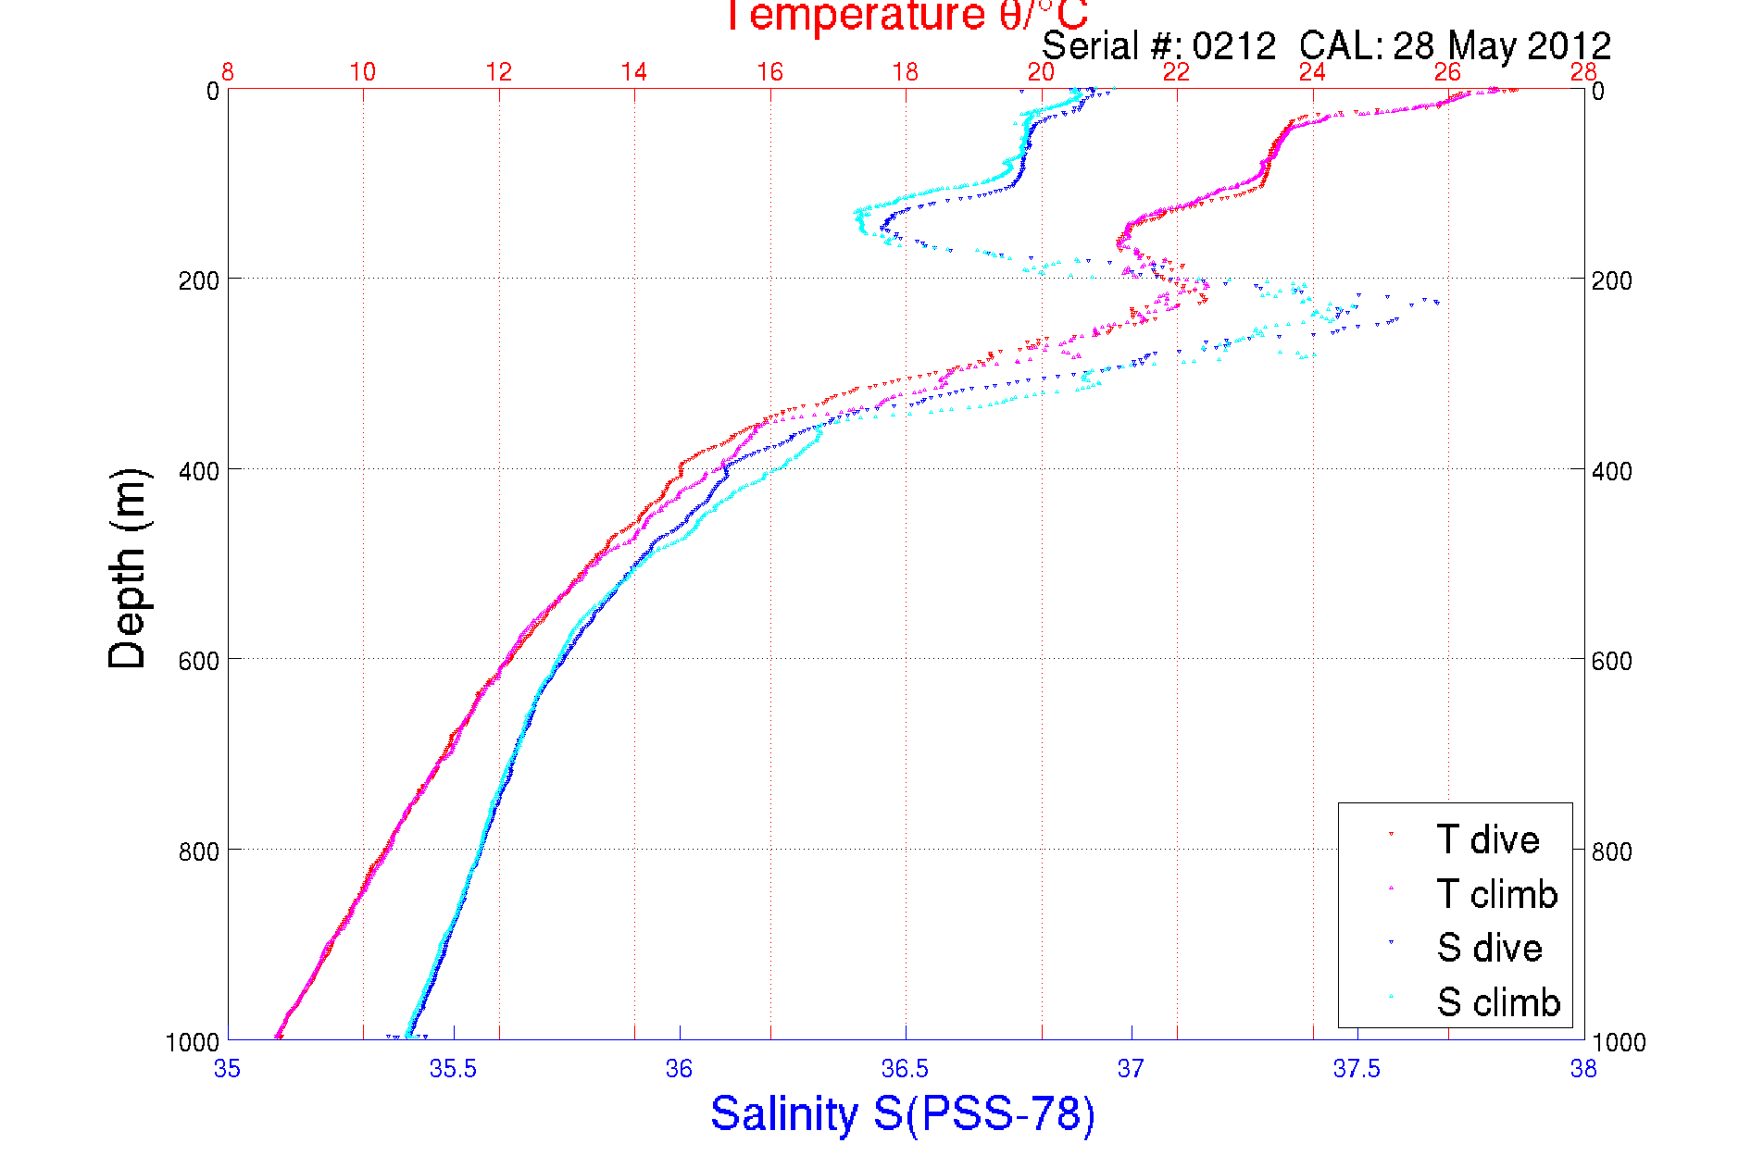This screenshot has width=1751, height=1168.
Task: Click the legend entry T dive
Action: click(x=1487, y=839)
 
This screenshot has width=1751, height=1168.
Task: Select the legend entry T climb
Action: click(x=1496, y=894)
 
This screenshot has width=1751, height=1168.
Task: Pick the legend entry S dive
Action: click(x=1489, y=948)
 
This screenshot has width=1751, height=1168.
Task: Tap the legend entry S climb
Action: click(x=1498, y=1002)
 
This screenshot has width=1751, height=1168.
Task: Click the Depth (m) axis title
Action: click(x=128, y=568)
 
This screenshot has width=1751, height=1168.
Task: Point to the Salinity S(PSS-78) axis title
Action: click(x=903, y=1113)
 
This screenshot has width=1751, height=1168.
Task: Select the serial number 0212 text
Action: click(x=1233, y=46)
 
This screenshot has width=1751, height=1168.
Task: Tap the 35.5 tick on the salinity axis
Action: click(x=453, y=1070)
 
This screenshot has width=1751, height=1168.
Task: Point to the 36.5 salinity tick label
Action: click(x=905, y=1070)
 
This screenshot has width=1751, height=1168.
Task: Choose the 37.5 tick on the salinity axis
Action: click(x=1357, y=1070)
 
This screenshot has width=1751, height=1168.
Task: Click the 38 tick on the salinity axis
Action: click(x=1583, y=1070)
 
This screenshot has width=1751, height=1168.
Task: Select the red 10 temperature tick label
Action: click(x=363, y=72)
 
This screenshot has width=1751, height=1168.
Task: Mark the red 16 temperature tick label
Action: click(x=769, y=72)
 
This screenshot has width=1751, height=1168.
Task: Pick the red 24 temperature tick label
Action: click(x=1312, y=72)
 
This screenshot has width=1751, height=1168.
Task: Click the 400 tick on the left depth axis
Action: click(x=198, y=471)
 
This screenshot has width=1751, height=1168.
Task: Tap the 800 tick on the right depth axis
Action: click(x=1611, y=851)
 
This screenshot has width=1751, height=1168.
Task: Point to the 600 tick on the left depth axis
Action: click(x=198, y=661)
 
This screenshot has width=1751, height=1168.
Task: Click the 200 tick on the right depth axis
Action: click(x=1611, y=280)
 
